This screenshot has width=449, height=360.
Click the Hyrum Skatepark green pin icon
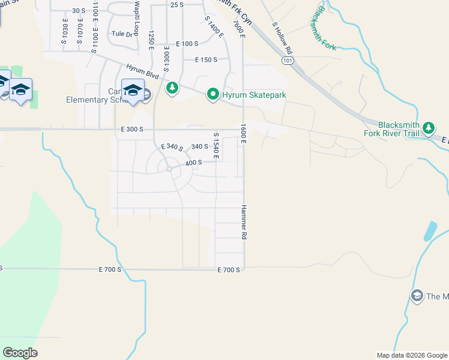click(x=212, y=94)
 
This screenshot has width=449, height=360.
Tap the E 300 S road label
click(x=131, y=129)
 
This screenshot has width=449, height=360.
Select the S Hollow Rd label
click(x=282, y=38)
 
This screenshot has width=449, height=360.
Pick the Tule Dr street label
click(x=121, y=34)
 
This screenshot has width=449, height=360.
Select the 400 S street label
click(x=193, y=163)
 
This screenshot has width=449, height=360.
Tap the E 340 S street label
click(x=171, y=147)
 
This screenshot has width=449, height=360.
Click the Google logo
click(x=20, y=353)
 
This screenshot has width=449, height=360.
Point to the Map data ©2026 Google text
click(x=411, y=355)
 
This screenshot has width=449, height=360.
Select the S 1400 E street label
click(x=214, y=27)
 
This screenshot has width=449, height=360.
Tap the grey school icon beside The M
click(x=417, y=295)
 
